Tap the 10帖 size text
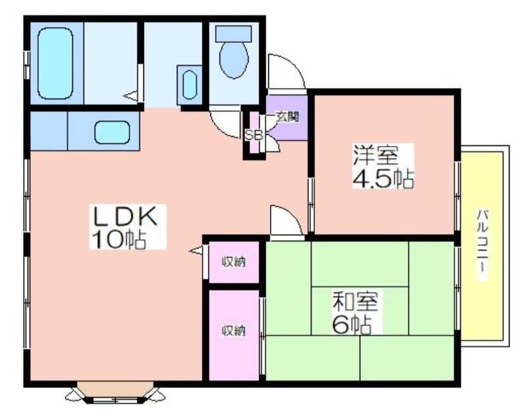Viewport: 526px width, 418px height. [x=118, y=241]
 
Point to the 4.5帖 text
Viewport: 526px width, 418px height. [x=382, y=179]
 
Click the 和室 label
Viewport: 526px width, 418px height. [x=356, y=302]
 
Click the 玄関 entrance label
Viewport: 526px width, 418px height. [x=287, y=117]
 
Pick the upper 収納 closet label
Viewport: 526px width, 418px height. [x=233, y=262]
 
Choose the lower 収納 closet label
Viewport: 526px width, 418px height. [x=233, y=330]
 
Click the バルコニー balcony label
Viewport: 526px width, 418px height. [x=483, y=244]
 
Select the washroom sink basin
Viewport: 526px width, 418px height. [x=190, y=84]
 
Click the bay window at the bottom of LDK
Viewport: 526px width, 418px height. [x=116, y=393]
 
